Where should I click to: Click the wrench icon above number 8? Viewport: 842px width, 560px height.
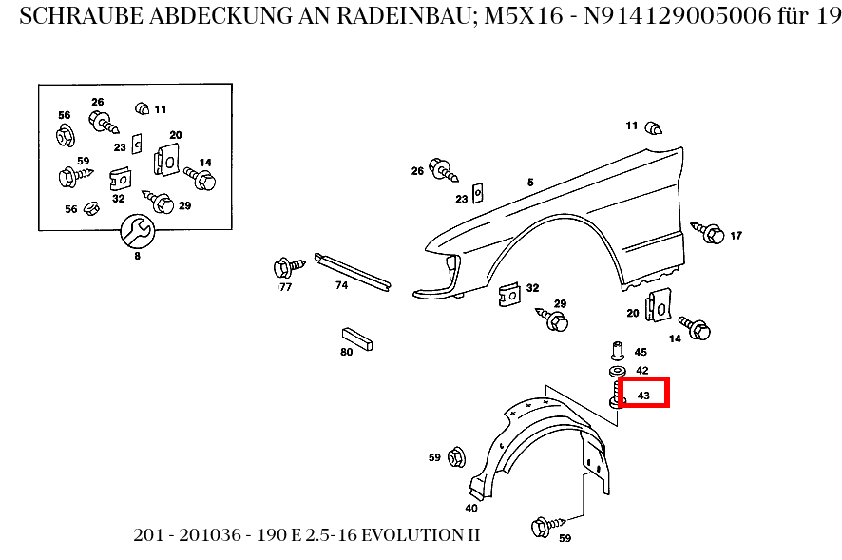click(137, 229)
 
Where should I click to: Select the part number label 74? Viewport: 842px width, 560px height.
click(341, 284)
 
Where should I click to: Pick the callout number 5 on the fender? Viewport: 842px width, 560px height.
click(531, 182)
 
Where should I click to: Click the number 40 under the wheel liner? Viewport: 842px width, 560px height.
click(471, 507)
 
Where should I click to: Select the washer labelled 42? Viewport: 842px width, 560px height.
click(616, 370)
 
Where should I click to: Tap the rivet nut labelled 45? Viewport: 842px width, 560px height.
click(616, 349)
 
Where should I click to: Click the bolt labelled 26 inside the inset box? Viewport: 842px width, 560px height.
click(102, 121)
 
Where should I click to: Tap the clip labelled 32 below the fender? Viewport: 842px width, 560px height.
click(510, 295)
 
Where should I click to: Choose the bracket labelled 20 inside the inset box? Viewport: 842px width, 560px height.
click(167, 159)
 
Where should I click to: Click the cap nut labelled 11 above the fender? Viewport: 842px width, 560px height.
click(654, 127)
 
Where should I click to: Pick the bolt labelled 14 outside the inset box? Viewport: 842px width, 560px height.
click(698, 329)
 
